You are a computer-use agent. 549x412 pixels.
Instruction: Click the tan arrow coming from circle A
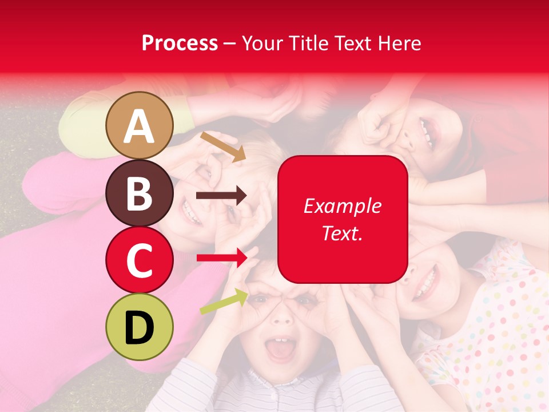tap(222, 146)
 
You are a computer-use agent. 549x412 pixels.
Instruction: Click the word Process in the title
tap(180, 43)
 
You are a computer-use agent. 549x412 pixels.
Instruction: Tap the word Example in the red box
tap(342, 207)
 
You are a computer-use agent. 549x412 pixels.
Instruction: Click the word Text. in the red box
tap(342, 233)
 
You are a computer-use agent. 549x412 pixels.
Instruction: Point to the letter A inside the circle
tap(140, 127)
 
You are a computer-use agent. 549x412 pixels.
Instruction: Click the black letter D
tap(140, 327)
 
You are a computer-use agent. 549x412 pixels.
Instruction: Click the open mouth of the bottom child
tap(280, 350)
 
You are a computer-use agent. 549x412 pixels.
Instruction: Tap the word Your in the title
tap(261, 43)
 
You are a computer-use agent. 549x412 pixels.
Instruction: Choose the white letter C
tap(140, 260)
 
